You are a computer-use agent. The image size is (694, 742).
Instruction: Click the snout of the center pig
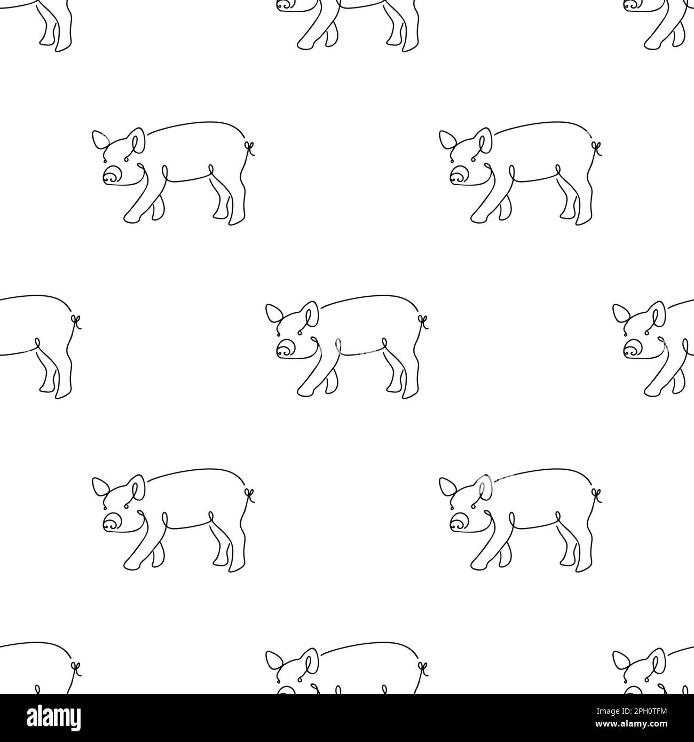285,350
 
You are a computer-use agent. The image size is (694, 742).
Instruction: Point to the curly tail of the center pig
423,321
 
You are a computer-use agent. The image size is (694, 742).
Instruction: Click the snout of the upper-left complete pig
111,175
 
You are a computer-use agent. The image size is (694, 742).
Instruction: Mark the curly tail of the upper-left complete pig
250,147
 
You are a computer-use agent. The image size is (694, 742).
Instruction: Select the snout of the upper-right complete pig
458,175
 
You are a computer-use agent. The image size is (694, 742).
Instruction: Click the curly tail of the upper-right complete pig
597,147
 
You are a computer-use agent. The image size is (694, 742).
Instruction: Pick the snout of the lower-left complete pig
111,523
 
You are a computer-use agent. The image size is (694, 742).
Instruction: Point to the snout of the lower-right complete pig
458,523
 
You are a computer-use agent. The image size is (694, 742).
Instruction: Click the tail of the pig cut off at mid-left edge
76,321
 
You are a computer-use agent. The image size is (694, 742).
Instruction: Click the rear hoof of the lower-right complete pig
585,568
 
